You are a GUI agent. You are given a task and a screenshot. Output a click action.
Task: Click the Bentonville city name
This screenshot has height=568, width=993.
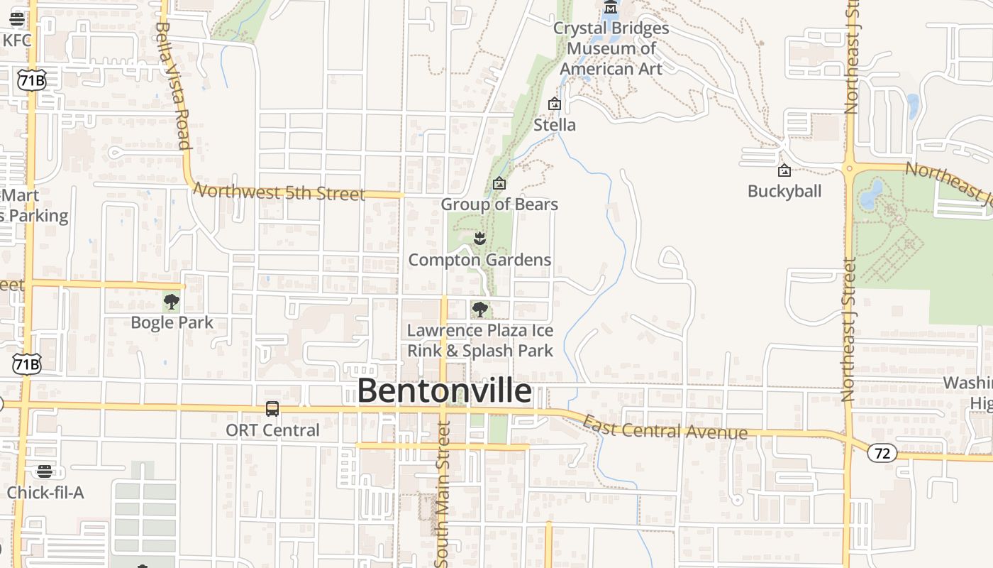[x=444, y=391]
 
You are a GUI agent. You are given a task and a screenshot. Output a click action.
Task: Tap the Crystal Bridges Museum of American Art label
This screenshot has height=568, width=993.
[x=611, y=49]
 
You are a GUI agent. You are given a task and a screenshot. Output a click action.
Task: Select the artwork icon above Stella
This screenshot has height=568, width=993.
[x=555, y=104]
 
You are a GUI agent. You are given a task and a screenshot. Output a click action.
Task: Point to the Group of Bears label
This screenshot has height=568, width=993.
[x=499, y=204]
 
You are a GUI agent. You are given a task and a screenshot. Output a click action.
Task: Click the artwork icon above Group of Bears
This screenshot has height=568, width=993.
[x=499, y=184]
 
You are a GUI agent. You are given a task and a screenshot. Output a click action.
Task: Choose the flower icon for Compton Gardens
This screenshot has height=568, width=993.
[x=480, y=239]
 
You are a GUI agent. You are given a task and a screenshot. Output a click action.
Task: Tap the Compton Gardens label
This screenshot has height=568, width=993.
[x=479, y=260]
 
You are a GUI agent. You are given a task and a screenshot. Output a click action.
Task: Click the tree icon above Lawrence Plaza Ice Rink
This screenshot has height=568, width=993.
[x=480, y=310]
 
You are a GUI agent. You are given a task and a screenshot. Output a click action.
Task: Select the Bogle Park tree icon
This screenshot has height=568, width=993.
[x=172, y=302]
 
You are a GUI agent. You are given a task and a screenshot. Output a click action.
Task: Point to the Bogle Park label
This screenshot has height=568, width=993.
[x=172, y=322]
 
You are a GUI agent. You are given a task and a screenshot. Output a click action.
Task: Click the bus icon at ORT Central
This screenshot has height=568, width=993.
[x=272, y=409]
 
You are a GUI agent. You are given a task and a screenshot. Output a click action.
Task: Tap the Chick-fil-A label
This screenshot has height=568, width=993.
[x=45, y=492]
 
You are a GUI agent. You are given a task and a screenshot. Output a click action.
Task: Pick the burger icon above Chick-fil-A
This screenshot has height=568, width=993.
[x=45, y=471]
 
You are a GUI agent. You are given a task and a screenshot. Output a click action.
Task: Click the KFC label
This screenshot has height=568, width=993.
[x=17, y=40]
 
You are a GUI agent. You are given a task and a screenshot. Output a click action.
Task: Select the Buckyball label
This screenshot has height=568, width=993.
[x=784, y=191]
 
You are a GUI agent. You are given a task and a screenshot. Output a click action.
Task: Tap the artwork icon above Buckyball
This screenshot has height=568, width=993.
[x=784, y=170]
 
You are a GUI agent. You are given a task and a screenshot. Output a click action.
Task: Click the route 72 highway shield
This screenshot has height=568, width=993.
[x=882, y=453]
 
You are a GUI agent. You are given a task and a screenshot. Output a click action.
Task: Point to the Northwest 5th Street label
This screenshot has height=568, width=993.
[x=279, y=192]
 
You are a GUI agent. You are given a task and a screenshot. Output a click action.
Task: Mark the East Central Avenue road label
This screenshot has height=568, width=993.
[x=665, y=428]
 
